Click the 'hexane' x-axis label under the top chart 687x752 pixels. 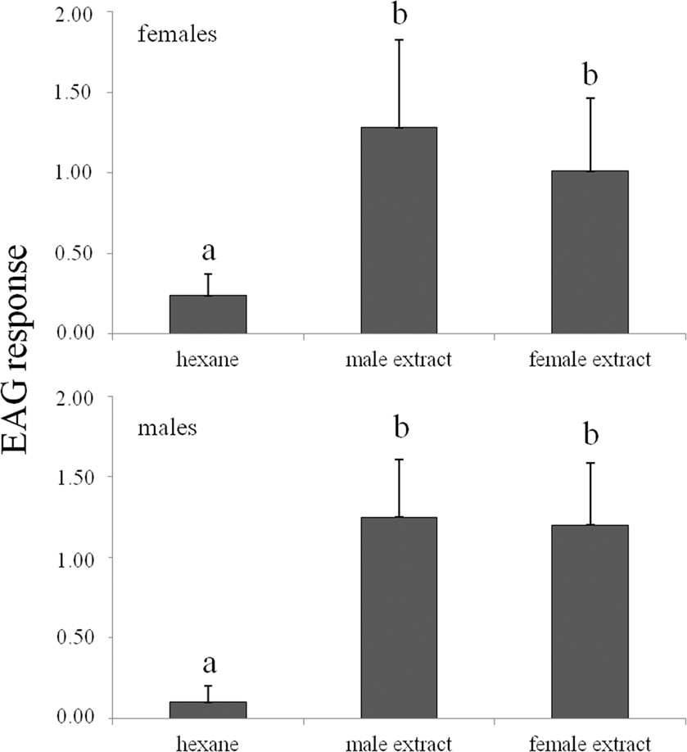point(207,359)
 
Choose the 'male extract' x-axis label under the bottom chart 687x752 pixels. point(399,743)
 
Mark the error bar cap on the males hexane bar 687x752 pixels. point(208,686)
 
